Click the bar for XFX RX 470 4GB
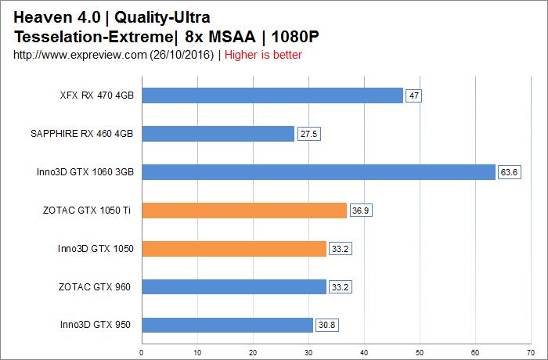click(x=272, y=95)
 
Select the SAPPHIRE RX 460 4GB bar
click(x=218, y=134)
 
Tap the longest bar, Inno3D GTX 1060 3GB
click(x=318, y=172)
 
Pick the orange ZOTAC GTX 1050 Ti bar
click(x=243, y=211)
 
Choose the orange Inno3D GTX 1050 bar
click(x=233, y=249)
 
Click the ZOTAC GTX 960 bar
click(x=233, y=287)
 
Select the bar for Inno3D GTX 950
click(x=227, y=325)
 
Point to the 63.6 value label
click(x=509, y=172)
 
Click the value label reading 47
click(x=415, y=96)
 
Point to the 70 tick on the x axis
click(x=531, y=351)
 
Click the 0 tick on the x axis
click(x=142, y=351)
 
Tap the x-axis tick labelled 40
click(x=364, y=351)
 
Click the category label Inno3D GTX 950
click(x=96, y=325)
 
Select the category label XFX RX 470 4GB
click(x=96, y=95)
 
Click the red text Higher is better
click(x=263, y=55)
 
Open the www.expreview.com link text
click(x=78, y=55)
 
